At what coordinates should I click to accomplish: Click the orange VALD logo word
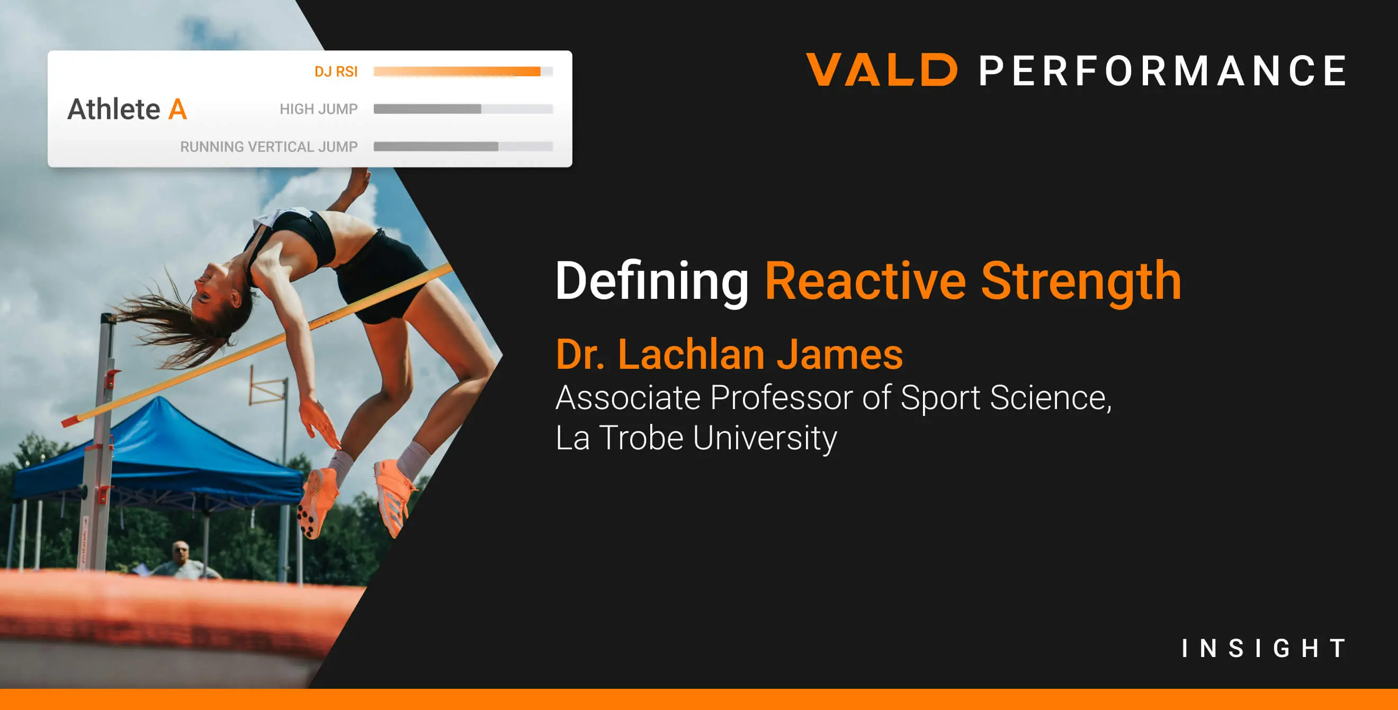882,70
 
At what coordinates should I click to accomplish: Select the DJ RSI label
336,72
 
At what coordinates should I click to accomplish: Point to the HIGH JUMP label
319,109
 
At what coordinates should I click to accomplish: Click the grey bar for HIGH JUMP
428,109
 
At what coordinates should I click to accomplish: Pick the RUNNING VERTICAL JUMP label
268,147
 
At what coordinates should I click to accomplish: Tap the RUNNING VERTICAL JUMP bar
436,147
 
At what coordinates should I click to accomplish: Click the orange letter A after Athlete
177,110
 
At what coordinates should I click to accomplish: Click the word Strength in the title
1081,281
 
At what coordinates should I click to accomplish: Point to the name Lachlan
692,354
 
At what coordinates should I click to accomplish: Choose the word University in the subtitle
765,438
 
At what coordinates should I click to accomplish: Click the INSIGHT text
1264,648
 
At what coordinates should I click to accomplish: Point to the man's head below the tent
180,552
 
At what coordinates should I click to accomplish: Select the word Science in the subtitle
1050,398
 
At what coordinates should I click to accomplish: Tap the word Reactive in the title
865,281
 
